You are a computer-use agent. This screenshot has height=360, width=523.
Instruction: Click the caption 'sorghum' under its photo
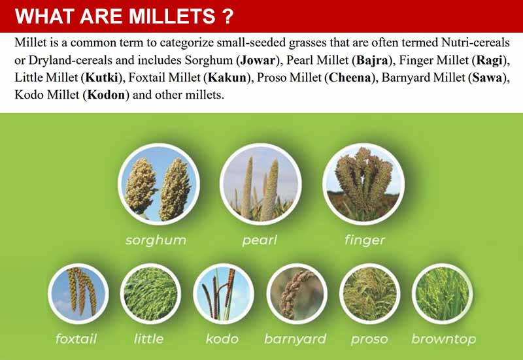pos(156,240)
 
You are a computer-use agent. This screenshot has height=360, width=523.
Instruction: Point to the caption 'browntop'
pos(443,339)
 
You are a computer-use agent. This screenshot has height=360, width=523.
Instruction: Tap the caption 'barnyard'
pos(295,339)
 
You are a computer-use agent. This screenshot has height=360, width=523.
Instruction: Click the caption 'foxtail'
pos(76,339)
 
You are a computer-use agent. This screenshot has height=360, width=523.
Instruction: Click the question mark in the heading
pos(227,16)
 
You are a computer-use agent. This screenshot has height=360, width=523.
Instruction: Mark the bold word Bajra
pos(370,61)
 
